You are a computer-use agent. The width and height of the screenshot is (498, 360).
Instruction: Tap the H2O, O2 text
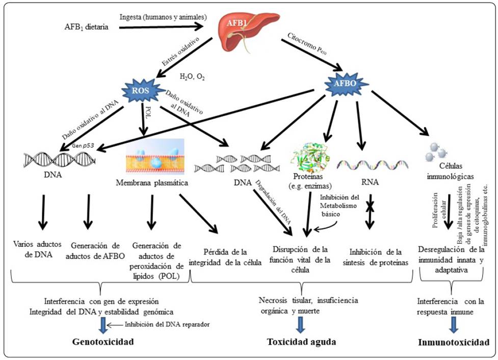coord(192,77)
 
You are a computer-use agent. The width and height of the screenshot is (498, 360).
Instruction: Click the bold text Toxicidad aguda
coord(302,342)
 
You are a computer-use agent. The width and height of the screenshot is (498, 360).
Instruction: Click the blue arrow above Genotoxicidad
coord(103,324)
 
